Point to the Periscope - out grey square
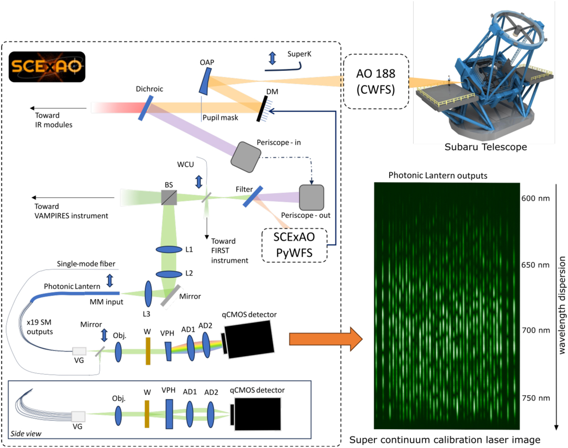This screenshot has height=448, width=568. point(311,197)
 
